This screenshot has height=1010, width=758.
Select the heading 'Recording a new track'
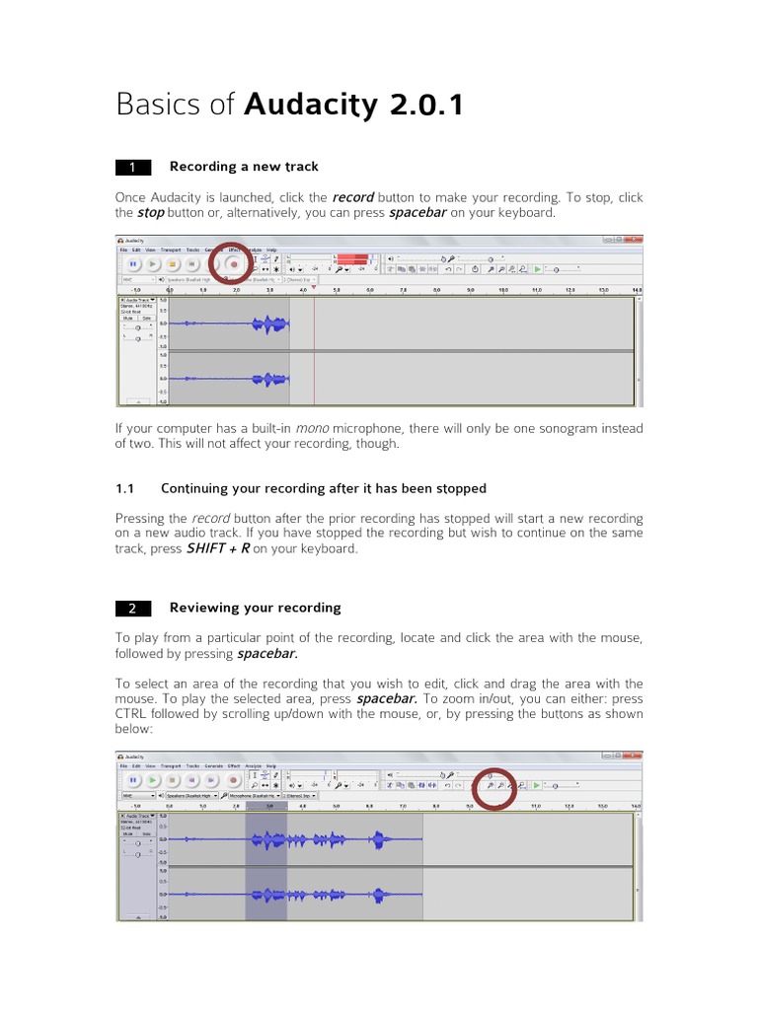244,166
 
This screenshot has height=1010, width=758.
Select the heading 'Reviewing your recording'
255,608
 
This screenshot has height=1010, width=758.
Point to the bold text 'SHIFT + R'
217,548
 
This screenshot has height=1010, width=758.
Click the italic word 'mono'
312,428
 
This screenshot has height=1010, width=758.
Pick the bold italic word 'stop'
150,212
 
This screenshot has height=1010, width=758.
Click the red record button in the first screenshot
234,264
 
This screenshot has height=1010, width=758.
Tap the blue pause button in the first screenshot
131,264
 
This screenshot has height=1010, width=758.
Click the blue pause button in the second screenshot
131,780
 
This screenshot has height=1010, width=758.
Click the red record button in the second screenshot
230,780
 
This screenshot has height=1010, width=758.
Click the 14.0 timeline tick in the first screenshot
637,291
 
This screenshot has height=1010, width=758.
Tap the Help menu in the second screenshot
271,765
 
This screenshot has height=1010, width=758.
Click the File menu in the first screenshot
124,251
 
